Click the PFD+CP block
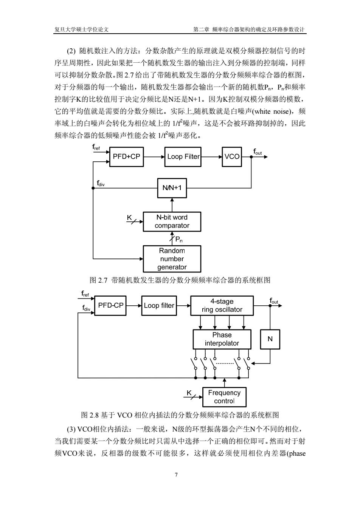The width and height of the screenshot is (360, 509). click(126, 157)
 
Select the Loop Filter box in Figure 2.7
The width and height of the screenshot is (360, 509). click(183, 157)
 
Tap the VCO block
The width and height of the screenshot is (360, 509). click(232, 157)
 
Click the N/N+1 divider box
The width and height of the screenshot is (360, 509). click(172, 188)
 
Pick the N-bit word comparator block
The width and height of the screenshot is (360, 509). click(172, 222)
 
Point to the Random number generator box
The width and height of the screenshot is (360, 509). click(172, 259)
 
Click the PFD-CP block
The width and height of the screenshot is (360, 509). click(110, 306)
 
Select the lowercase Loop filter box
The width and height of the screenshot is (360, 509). click(159, 306)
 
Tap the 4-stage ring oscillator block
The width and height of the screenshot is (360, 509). click(222, 306)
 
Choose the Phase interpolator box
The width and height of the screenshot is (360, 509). click(222, 339)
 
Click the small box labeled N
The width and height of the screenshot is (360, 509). click(270, 339)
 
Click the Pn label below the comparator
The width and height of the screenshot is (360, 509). click(179, 239)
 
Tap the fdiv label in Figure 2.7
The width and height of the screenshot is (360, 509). click(101, 183)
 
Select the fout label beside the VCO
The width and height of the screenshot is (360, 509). click(258, 152)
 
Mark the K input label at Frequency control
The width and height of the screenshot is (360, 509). click(189, 393)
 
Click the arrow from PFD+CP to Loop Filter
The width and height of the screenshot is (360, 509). click(154, 157)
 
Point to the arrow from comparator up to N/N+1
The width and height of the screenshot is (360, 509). click(172, 205)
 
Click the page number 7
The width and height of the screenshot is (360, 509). click(176, 475)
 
